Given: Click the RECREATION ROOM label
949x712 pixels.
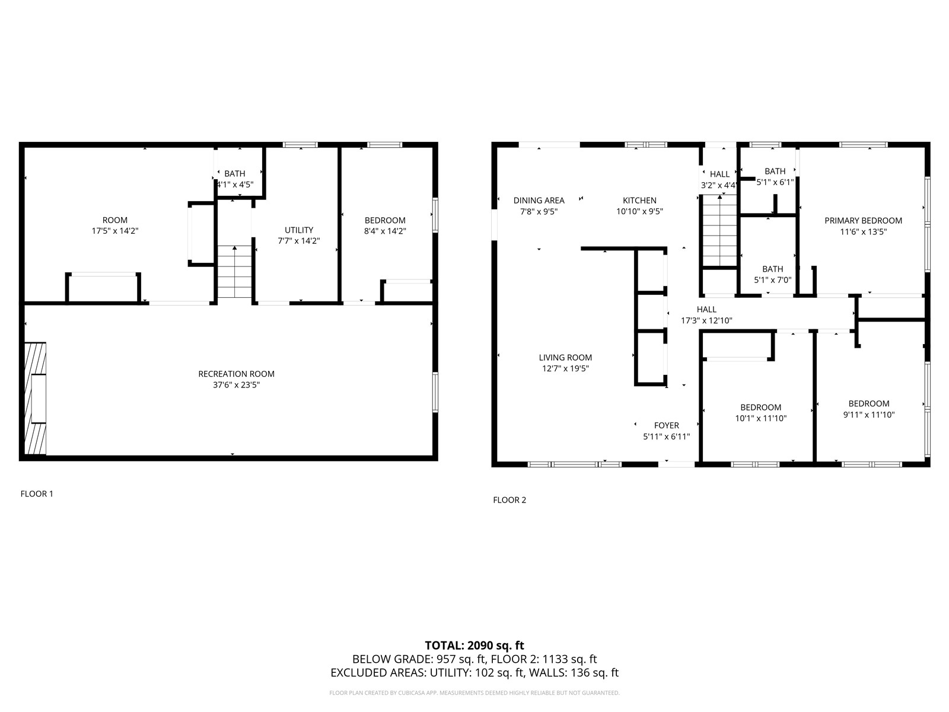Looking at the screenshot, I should pos(236,374).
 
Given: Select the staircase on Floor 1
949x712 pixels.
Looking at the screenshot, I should pos(234,272).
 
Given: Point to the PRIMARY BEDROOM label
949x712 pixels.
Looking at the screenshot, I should pos(863,221).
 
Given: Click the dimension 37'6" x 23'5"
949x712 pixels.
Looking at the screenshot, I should pos(236,385).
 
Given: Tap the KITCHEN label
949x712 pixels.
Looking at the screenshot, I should pos(639,201).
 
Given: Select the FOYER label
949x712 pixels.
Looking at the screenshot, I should pos(666,425).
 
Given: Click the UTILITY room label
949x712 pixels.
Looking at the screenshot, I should pos(299,230).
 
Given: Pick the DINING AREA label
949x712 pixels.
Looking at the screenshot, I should pos(539,201).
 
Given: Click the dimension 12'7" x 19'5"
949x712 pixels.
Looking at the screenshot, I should pos(565,368).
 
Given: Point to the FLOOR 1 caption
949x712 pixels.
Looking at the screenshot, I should pos(37,494).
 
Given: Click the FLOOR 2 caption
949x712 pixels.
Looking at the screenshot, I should pos(509,500).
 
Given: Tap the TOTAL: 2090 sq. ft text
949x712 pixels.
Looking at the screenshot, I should pos(474,646).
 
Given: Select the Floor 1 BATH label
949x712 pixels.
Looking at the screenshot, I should pos(235,174).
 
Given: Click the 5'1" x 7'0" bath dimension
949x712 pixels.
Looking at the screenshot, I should pos(772,280).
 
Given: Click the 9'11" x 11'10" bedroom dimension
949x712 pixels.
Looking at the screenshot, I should pos(868,415).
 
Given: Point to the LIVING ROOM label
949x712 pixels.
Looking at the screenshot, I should pos(565,358).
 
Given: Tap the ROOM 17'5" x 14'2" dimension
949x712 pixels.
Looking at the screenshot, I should pos(115,231).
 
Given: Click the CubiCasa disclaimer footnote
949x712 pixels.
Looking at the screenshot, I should pos(474,693).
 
